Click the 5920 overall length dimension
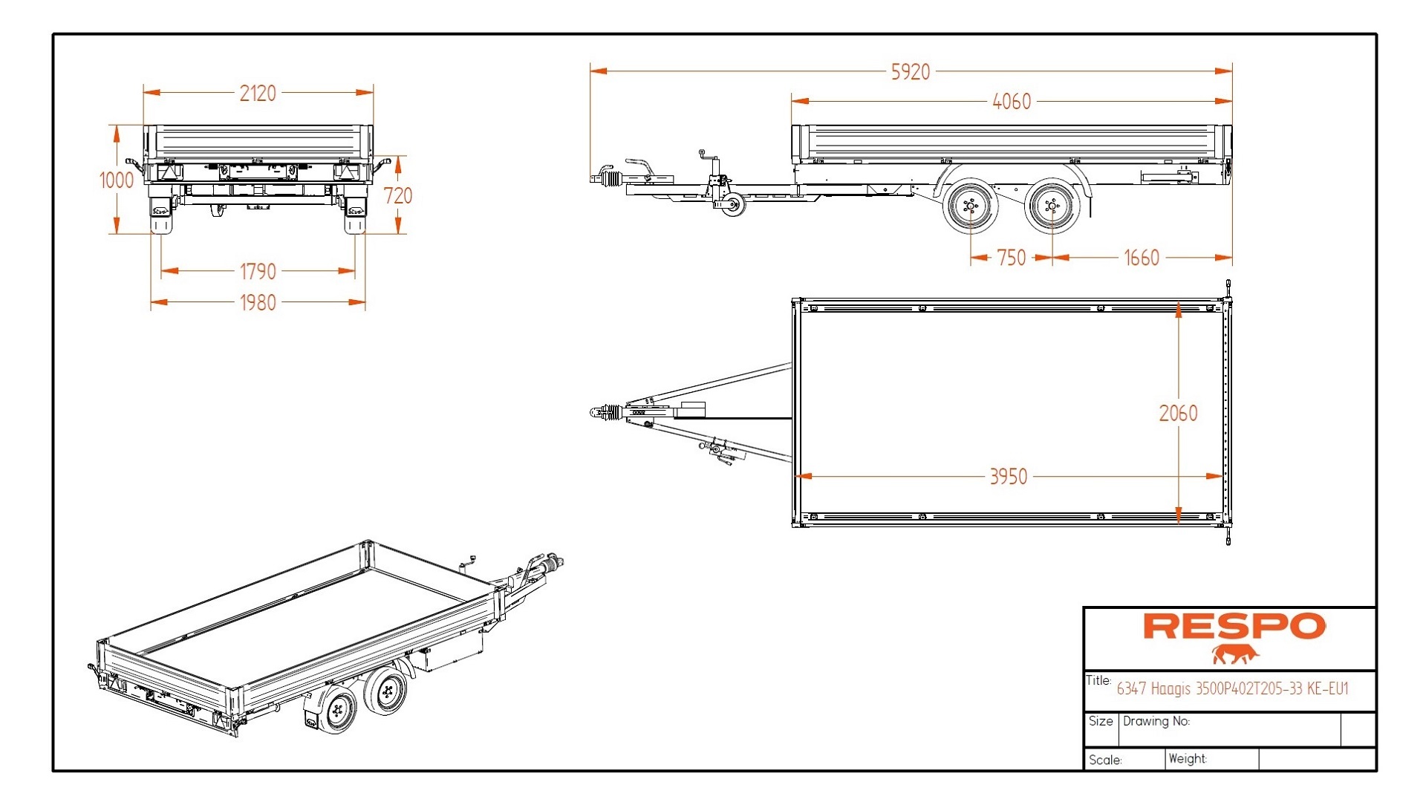click(x=911, y=72)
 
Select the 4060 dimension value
click(x=1012, y=102)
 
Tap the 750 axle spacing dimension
click(x=1011, y=258)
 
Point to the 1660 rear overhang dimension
click(x=1141, y=258)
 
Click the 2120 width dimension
click(x=258, y=94)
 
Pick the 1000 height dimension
click(x=117, y=180)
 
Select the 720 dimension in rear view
click(x=398, y=196)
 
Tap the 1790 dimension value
click(x=258, y=272)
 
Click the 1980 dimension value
click(x=258, y=303)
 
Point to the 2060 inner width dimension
click(x=1178, y=414)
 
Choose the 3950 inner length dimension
click(x=1009, y=477)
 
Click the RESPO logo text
click(x=1234, y=626)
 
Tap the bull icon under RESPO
click(x=1235, y=654)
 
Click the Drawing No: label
click(x=1156, y=721)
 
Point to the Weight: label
click(x=1188, y=759)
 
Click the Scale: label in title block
click(x=1105, y=760)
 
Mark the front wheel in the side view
click(x=969, y=206)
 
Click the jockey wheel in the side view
click(x=733, y=206)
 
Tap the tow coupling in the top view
click(x=605, y=412)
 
